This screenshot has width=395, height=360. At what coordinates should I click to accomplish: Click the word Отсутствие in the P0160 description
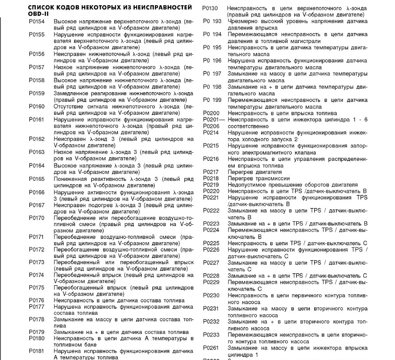[69, 106]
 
